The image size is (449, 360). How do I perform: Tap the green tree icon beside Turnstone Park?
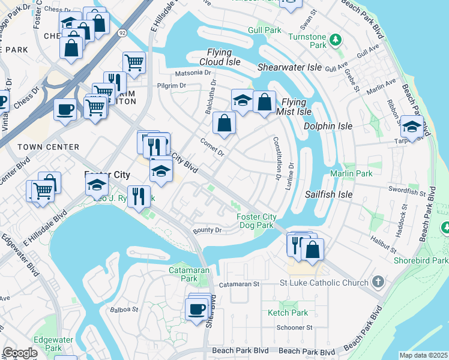(x=336, y=40)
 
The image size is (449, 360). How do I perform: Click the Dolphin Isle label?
(x=327, y=127)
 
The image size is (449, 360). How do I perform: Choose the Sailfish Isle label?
(x=328, y=194)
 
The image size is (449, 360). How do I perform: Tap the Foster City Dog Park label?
(x=256, y=221)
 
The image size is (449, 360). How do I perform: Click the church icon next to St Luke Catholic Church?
(x=377, y=281)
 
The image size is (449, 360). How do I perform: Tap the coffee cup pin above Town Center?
(x=65, y=109)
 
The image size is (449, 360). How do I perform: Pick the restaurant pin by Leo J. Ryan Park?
(x=139, y=195)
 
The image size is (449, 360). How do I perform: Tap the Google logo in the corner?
(x=20, y=353)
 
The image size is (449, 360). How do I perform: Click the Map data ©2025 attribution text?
(x=423, y=355)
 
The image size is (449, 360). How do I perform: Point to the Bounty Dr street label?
(x=207, y=230)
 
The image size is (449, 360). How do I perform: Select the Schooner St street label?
(x=294, y=328)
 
